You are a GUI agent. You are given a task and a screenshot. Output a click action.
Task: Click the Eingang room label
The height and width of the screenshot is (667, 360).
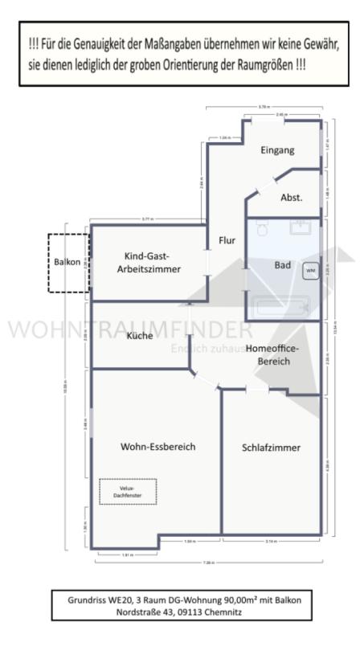(x=278, y=150)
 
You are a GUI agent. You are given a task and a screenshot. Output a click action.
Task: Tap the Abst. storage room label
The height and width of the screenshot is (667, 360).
(x=291, y=198)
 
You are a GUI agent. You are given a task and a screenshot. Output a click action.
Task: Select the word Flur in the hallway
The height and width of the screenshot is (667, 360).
(x=227, y=239)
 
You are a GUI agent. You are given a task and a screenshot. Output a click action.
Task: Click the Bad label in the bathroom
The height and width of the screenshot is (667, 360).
(x=283, y=264)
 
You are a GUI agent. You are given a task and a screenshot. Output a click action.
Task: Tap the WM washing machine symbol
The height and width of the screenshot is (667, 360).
(x=310, y=271)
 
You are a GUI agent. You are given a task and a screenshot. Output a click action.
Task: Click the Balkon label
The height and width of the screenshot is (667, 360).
(x=67, y=262)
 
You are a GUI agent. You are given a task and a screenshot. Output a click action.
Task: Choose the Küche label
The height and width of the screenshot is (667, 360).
(x=139, y=336)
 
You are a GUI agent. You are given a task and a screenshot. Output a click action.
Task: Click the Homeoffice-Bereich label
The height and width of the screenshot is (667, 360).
(x=272, y=355)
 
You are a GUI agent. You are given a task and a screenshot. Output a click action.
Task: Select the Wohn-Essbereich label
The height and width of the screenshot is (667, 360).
(x=158, y=447)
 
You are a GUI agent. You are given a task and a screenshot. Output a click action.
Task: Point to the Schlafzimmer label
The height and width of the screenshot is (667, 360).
(x=271, y=448)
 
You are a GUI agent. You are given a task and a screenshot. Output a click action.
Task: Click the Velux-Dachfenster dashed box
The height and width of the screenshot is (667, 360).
(x=128, y=491)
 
